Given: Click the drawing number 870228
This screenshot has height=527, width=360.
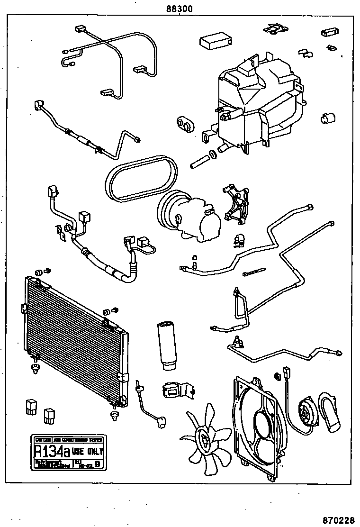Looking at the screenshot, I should point(339,519).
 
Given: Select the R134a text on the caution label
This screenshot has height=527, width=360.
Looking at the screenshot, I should point(50,451).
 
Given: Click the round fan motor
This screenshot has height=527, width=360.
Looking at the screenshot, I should point(304,412).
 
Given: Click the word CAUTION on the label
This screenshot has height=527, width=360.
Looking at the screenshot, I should point(41,439).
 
